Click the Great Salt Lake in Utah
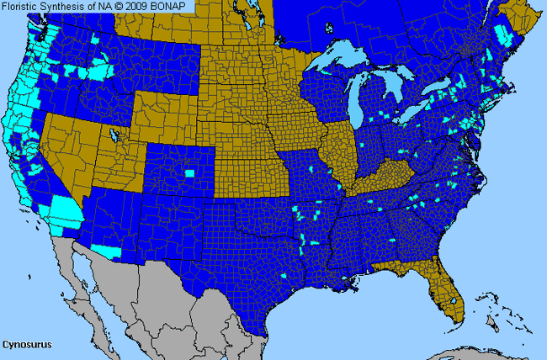[112, 133]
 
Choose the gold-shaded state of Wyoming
[164, 109]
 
